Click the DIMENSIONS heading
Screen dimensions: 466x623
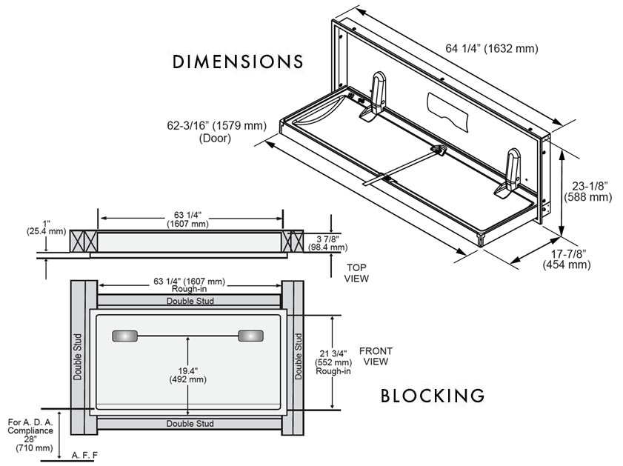238,61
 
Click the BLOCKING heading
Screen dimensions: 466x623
433,396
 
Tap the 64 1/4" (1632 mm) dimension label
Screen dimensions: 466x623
491,49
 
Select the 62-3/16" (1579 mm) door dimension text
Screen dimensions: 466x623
216,131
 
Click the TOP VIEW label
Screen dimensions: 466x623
356,273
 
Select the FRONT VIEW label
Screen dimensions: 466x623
376,356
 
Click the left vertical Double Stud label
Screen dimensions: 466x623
78,356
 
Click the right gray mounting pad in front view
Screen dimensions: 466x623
250,336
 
